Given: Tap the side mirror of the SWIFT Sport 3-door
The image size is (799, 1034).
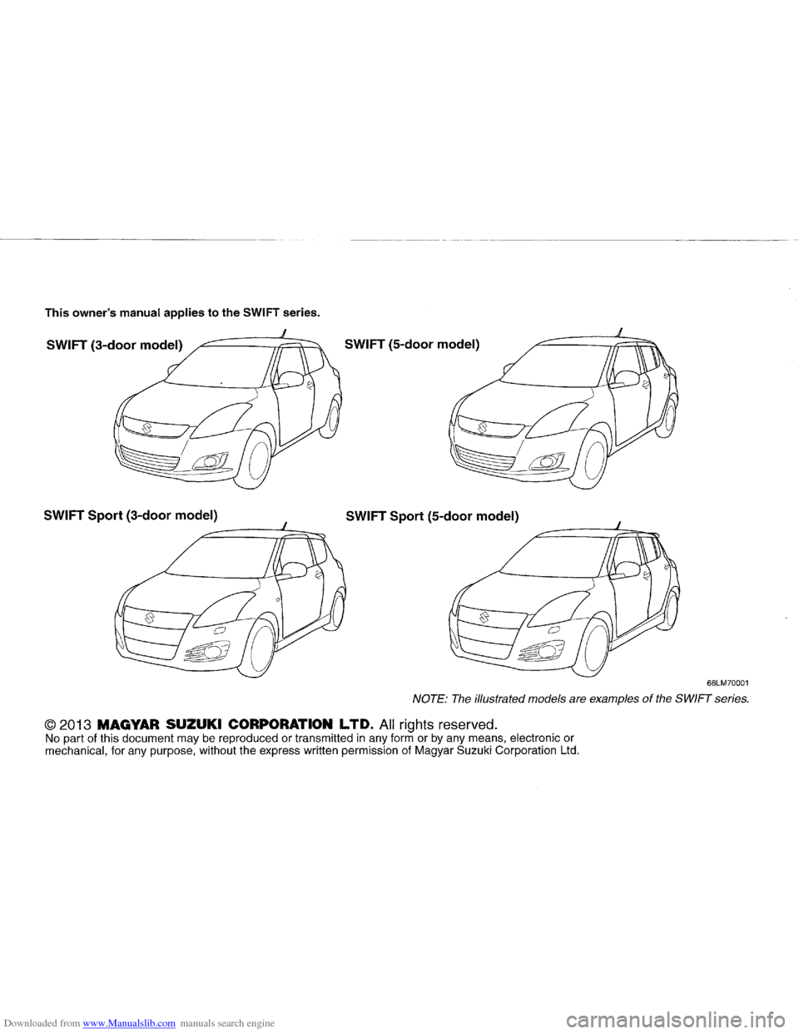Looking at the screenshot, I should [293, 569].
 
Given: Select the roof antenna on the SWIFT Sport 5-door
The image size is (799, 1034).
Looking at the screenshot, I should [618, 523].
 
